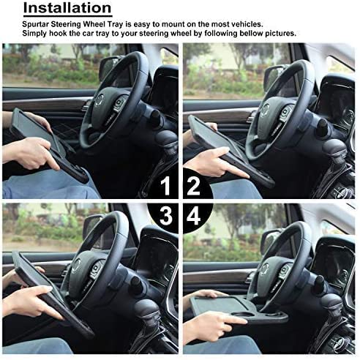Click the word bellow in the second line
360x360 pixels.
235,34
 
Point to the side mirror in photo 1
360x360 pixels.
111,67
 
